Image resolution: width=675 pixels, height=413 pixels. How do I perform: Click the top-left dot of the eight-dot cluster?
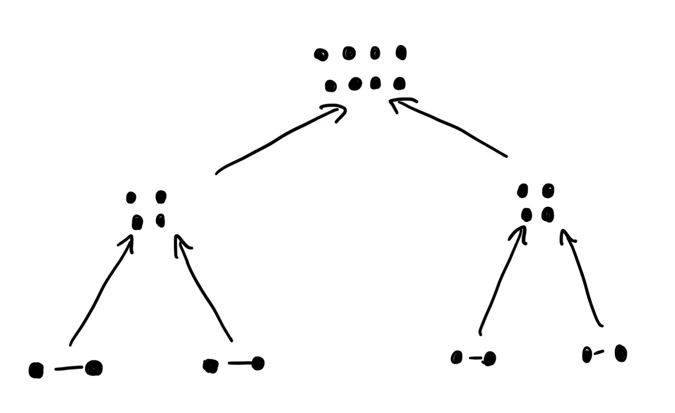click(x=321, y=55)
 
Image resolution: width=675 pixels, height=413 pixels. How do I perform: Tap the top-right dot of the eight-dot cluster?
click(x=401, y=53)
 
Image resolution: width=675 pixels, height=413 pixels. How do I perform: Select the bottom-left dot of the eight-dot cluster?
click(x=331, y=86)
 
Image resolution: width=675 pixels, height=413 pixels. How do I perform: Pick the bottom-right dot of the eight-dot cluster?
click(x=399, y=84)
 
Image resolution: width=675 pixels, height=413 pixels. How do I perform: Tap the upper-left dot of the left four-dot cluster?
click(x=131, y=198)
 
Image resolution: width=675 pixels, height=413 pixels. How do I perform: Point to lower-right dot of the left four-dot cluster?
click(x=160, y=220)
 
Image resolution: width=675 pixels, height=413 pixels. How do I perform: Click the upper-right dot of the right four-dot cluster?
click(x=548, y=190)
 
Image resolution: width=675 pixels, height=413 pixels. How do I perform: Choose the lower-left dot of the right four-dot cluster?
click(x=526, y=215)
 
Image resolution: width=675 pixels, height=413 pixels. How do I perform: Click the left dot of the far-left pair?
click(x=36, y=370)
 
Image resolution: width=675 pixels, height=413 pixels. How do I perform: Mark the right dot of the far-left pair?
click(x=94, y=368)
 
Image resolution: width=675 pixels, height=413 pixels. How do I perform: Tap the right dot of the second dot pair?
click(x=258, y=363)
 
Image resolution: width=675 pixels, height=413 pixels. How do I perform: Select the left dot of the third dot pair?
click(x=457, y=357)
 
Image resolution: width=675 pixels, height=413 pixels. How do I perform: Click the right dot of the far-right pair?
click(x=621, y=354)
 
